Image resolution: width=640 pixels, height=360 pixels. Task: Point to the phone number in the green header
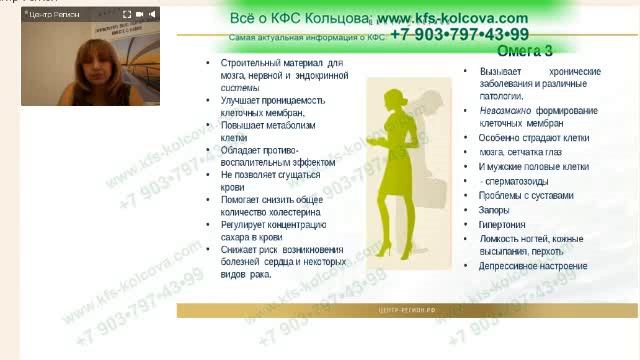459,34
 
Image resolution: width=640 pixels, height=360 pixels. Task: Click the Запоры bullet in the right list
494,210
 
